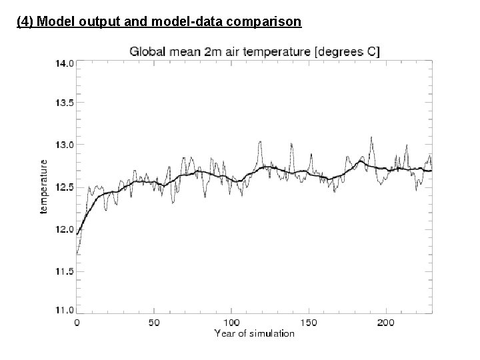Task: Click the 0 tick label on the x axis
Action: tap(77, 323)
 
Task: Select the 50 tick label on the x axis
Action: tap(153, 323)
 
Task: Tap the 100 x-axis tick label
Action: tap(231, 323)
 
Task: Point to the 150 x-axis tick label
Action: tap(308, 323)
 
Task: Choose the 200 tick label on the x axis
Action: tap(385, 323)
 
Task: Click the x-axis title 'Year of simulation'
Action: tap(254, 333)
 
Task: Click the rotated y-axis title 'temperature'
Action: tap(44, 186)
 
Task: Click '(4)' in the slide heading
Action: tap(25, 23)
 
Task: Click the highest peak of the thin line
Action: tap(371, 137)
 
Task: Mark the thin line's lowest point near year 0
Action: tap(77, 255)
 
